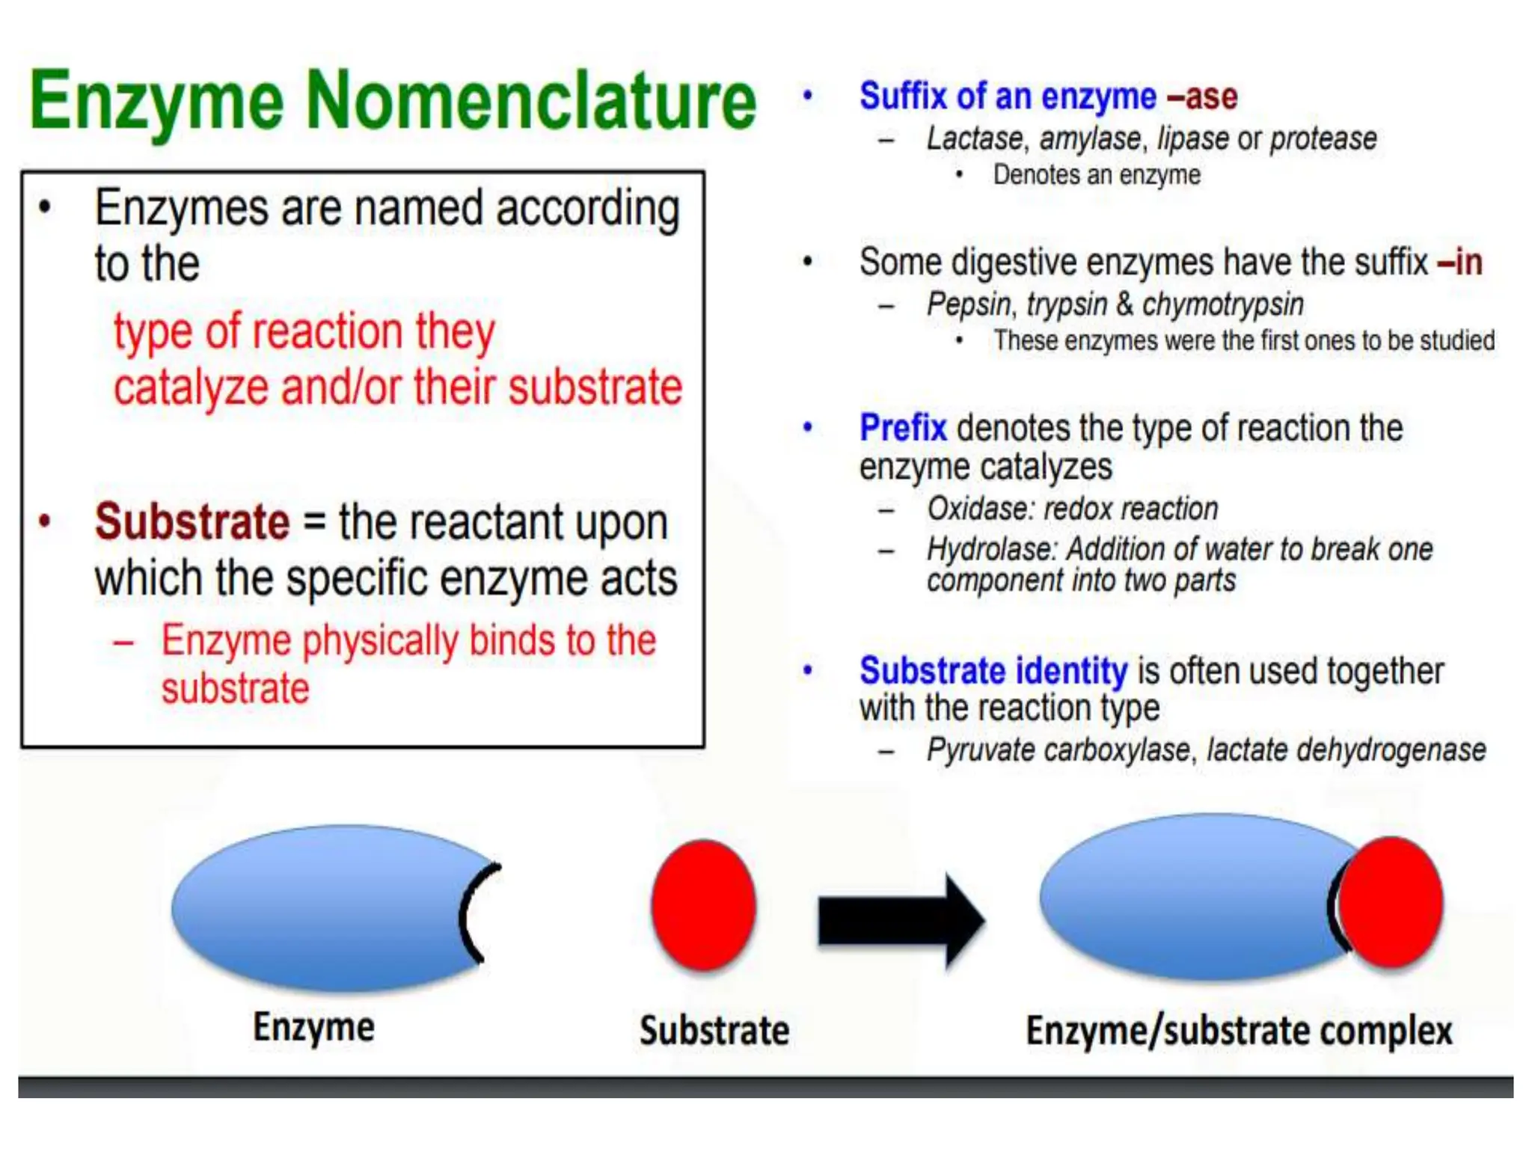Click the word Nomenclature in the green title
coord(531,101)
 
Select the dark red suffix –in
coord(1459,262)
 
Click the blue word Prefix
coord(903,428)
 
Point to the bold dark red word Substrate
coord(192,521)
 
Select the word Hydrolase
coord(990,549)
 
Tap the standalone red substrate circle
coord(703,905)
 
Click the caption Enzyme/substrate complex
coord(1239,1031)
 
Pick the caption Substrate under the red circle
coord(714,1031)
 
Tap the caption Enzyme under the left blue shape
coord(313,1027)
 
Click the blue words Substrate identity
coord(993,670)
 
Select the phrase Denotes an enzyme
coord(1096,175)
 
